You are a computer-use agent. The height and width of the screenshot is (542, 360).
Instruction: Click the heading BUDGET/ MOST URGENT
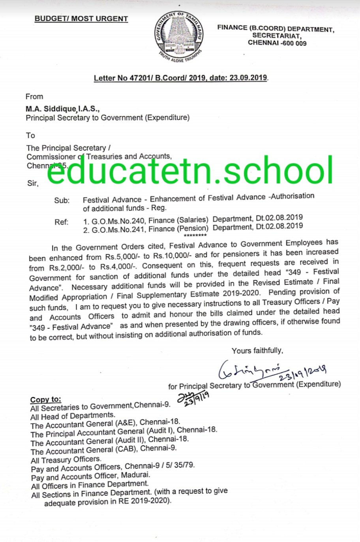click(x=81, y=19)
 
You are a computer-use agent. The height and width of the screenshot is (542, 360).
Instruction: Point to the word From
click(x=34, y=96)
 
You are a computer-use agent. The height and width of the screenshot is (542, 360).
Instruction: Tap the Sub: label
click(x=62, y=200)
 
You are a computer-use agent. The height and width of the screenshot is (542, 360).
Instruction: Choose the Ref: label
click(x=62, y=222)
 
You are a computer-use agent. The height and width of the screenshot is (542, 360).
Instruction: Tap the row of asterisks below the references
click(x=195, y=235)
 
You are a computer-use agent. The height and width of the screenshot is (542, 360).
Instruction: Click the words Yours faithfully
click(x=257, y=351)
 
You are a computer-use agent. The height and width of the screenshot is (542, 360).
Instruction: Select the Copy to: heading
click(x=46, y=399)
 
